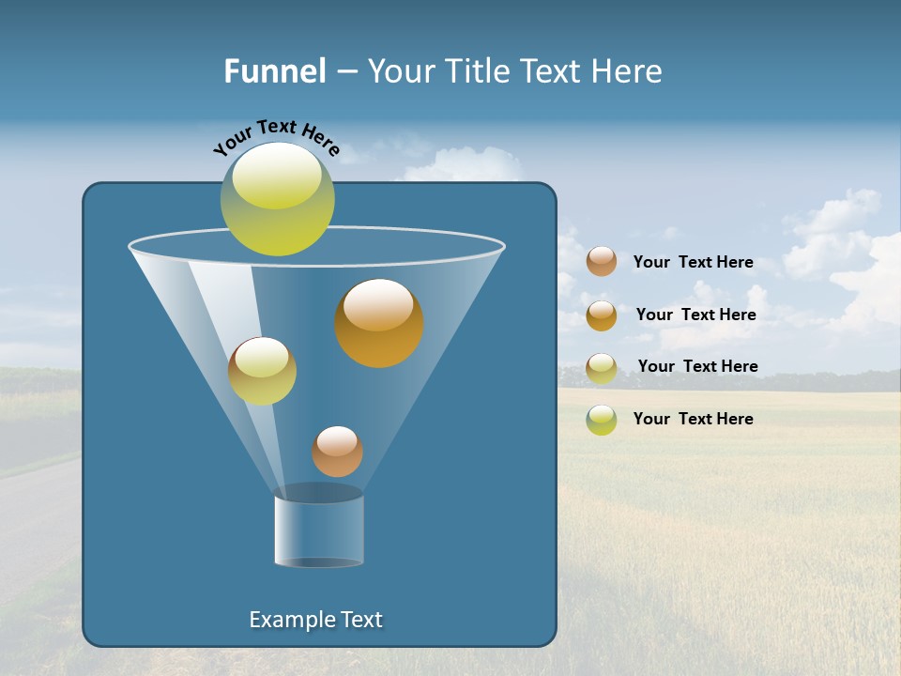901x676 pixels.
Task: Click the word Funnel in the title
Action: pyautogui.click(x=274, y=70)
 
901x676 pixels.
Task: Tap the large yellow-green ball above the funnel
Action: pyautogui.click(x=278, y=199)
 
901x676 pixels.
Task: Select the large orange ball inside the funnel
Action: pyautogui.click(x=379, y=324)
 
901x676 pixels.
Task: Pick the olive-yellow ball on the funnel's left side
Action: pyautogui.click(x=262, y=371)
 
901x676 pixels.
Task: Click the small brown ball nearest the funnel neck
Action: pyautogui.click(x=337, y=452)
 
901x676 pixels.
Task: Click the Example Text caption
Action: pyautogui.click(x=316, y=620)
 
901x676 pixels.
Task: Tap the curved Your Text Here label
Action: pyautogui.click(x=276, y=137)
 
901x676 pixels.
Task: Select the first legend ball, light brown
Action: pyautogui.click(x=602, y=261)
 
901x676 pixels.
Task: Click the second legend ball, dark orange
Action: pyautogui.click(x=602, y=315)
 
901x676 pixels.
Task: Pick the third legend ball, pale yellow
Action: pyautogui.click(x=602, y=368)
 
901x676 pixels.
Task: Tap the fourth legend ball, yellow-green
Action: pyautogui.click(x=602, y=420)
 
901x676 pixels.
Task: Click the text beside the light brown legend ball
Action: pyautogui.click(x=693, y=262)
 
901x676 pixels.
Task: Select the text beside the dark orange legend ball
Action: pyautogui.click(x=695, y=315)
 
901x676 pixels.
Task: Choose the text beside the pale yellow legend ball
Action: pyautogui.click(x=697, y=366)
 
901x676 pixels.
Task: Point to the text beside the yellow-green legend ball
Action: pyautogui.click(x=693, y=419)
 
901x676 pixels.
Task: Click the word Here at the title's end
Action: pyautogui.click(x=628, y=70)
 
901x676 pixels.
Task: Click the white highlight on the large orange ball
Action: pyautogui.click(x=377, y=306)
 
